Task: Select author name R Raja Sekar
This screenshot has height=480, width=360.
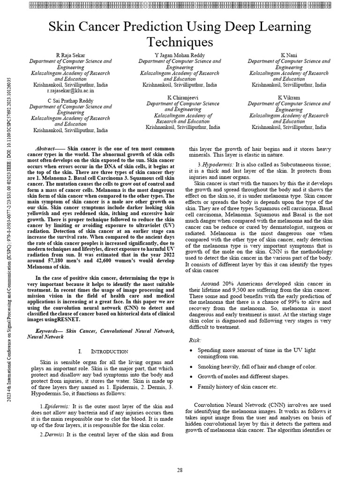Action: pos(70,55)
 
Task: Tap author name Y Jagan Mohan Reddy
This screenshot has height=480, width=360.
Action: pos(180,55)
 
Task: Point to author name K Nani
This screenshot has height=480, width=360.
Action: pos(289,55)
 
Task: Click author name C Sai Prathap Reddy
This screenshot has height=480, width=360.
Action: pos(70,101)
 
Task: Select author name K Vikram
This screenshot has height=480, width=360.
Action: pos(289,97)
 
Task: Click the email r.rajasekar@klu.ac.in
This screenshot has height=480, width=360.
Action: pos(71,91)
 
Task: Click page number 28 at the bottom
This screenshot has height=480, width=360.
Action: pos(180,470)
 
